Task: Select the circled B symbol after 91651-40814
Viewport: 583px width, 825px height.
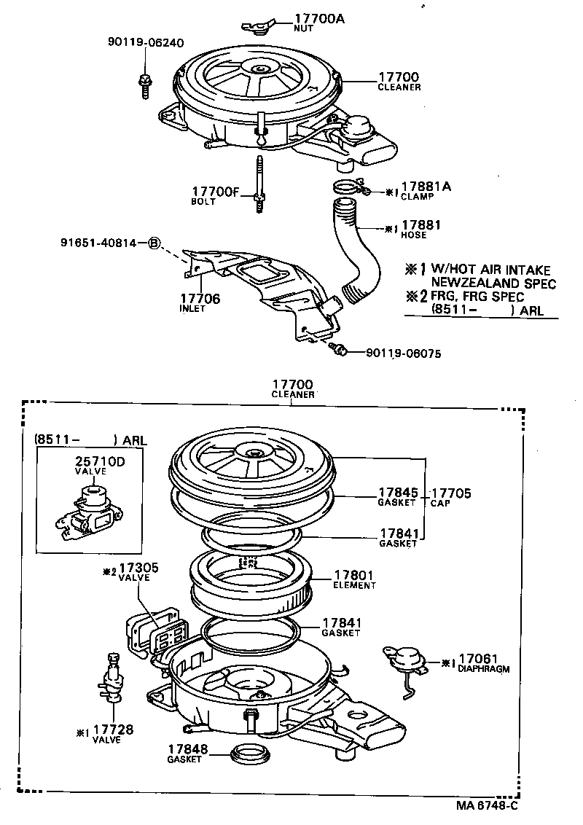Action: coord(154,243)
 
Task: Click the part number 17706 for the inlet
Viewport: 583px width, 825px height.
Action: coord(200,298)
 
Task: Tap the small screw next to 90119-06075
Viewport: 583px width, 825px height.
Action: coord(337,351)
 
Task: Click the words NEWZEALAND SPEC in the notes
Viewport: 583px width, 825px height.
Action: coord(493,283)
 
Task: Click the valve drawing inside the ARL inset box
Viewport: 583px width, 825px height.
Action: coord(85,513)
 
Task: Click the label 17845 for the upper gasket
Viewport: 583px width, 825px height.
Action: coord(398,492)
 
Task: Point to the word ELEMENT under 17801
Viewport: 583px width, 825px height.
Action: coord(354,585)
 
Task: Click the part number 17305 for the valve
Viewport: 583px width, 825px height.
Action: coord(138,566)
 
